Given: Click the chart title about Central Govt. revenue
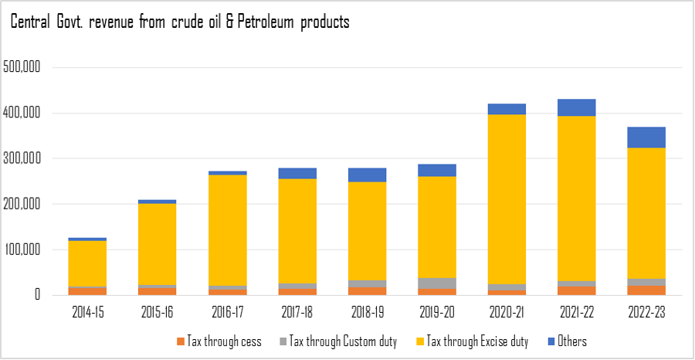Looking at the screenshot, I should (x=179, y=22).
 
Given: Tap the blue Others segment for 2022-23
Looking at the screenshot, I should (x=646, y=138).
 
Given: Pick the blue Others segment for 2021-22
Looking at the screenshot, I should (x=576, y=107).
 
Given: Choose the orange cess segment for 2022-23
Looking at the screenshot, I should (x=646, y=290).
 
